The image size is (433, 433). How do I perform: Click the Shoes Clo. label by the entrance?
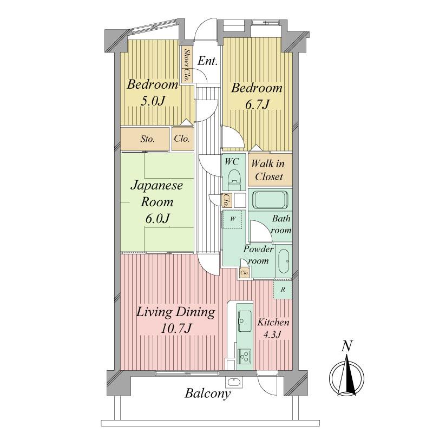[x=187, y=65]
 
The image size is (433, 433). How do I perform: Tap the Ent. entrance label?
[x=207, y=61]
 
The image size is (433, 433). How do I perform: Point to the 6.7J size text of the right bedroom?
[x=257, y=104]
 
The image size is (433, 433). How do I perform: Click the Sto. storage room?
[x=147, y=139]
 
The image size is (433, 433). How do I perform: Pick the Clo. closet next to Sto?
[x=182, y=139]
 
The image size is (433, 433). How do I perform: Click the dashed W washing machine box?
[x=233, y=220]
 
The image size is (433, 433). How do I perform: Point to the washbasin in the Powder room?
[x=283, y=259]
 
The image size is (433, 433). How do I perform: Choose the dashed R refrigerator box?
[x=283, y=290]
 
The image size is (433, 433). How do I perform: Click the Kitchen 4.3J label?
[x=273, y=328]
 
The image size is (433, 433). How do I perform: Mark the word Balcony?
[x=208, y=393]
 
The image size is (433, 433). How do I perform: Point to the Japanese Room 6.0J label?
[x=158, y=202]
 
